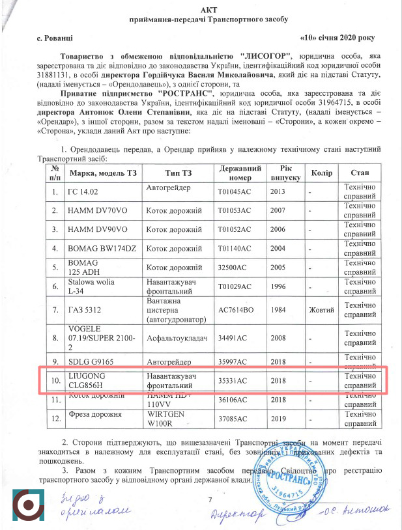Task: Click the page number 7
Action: pyautogui.click(x=210, y=499)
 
